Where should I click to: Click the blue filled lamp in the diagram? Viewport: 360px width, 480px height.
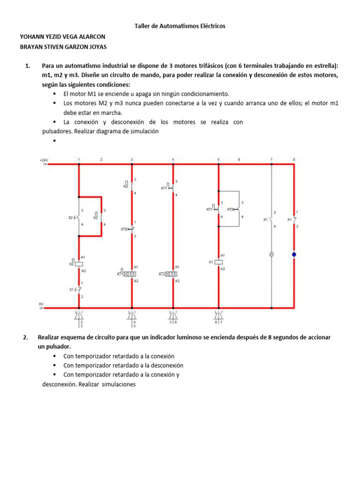tap(294, 255)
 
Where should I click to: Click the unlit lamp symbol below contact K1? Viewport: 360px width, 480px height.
tap(272, 255)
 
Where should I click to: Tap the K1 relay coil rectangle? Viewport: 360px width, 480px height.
tap(218, 262)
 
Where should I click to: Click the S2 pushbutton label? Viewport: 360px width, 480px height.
tap(71, 217)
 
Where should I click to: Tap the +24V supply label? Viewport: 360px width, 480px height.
tap(44, 160)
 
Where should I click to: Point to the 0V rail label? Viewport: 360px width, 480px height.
tap(41, 304)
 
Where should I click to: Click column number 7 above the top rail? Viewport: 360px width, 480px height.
tap(271, 160)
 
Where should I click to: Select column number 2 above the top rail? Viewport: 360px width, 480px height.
tap(101, 160)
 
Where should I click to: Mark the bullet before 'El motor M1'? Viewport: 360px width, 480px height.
tap(55, 94)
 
